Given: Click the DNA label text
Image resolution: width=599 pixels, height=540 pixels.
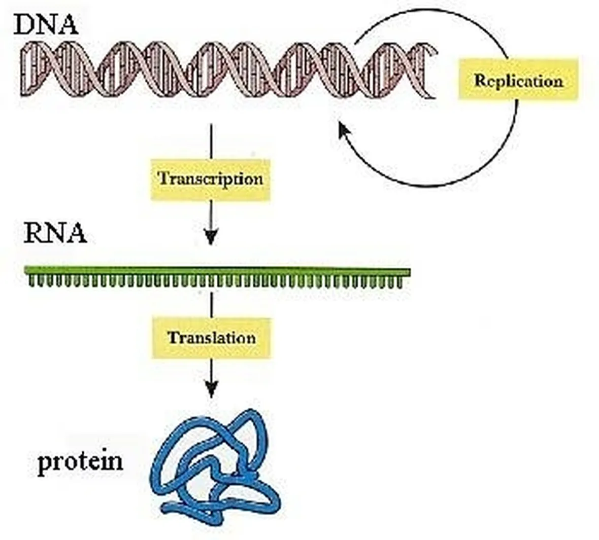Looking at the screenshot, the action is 46,24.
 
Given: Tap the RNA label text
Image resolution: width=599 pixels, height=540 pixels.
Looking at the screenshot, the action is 55,233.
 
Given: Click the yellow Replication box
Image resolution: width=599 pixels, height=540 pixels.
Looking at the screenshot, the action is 518,80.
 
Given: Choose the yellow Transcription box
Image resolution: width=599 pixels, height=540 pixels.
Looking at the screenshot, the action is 211,179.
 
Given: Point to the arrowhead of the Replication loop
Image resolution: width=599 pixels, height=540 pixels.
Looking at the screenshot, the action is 344,130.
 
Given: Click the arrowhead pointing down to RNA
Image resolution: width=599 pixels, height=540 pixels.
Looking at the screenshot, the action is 211,237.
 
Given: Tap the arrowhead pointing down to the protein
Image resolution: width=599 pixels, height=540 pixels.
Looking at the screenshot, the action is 211,389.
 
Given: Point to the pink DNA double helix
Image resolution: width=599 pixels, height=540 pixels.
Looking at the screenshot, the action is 228,69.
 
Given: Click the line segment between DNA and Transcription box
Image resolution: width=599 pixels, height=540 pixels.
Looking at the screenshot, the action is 211,141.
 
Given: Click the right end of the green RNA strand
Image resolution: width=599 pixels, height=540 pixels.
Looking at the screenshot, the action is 410,272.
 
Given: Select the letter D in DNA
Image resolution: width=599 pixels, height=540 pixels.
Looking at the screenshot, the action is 24,25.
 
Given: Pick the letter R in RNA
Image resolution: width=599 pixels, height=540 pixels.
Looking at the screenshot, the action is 35,233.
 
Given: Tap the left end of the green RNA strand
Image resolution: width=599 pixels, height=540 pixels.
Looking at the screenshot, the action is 25,269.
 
